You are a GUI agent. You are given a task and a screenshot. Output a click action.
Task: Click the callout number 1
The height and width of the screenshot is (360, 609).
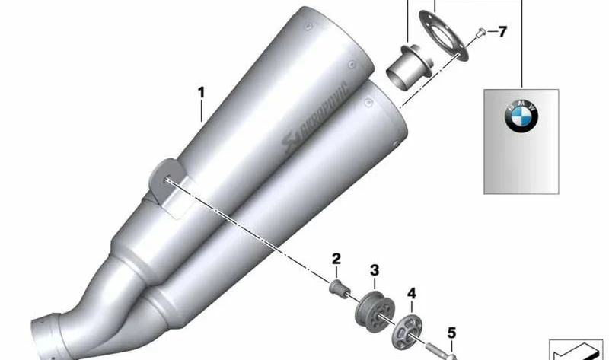201,93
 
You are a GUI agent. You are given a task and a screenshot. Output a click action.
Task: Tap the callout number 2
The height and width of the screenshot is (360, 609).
336,259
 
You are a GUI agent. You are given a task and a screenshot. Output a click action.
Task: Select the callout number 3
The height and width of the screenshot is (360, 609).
375,270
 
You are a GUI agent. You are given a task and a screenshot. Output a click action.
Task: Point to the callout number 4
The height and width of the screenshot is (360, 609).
412,294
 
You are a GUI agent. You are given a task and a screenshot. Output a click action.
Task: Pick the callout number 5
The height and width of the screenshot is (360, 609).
451,333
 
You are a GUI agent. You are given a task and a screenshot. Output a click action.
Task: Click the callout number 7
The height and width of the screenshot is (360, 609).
502,31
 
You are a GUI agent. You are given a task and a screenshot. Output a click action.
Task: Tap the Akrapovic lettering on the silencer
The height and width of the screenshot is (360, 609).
314,117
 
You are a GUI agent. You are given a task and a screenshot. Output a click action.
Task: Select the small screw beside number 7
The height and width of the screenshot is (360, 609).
481,33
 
